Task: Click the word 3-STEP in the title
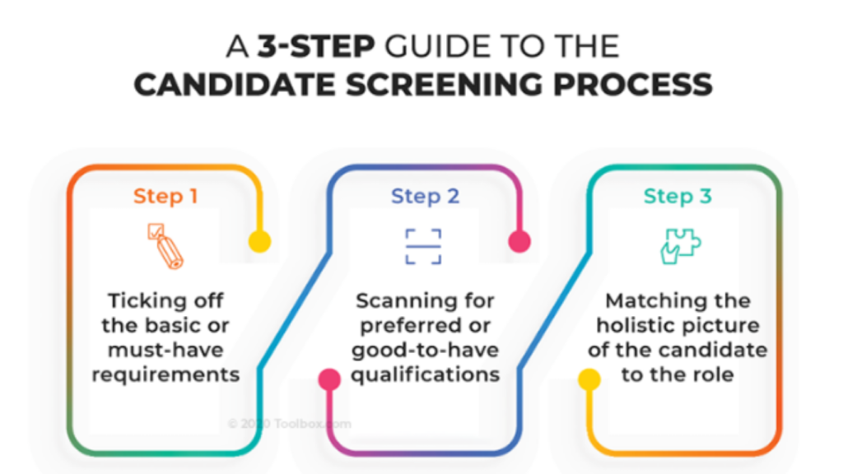pyautogui.click(x=303, y=48)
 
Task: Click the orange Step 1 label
pyautogui.click(x=165, y=196)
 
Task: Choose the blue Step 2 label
pyautogui.click(x=425, y=196)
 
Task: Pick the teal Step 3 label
pyautogui.click(x=678, y=196)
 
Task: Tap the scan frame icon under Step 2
pyautogui.click(x=423, y=246)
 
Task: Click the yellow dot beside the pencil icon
pyautogui.click(x=259, y=241)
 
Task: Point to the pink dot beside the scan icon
pyautogui.click(x=519, y=241)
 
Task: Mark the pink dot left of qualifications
pyautogui.click(x=329, y=379)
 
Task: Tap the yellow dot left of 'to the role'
pyautogui.click(x=589, y=379)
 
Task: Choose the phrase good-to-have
pyautogui.click(x=425, y=350)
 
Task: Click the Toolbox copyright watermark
pyautogui.click(x=290, y=424)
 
